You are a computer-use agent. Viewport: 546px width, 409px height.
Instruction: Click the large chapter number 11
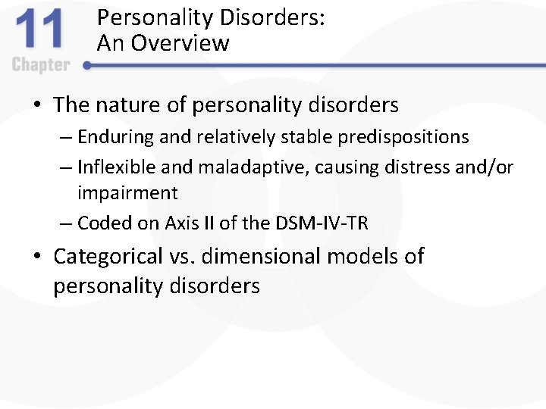41,32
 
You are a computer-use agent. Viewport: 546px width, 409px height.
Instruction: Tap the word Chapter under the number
41,65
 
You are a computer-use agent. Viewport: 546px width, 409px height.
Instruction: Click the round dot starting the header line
86,66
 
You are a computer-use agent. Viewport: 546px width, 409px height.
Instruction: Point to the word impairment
127,193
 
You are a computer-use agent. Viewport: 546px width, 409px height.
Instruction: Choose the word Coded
99,223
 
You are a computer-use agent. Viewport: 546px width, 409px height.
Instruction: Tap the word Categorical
108,257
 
